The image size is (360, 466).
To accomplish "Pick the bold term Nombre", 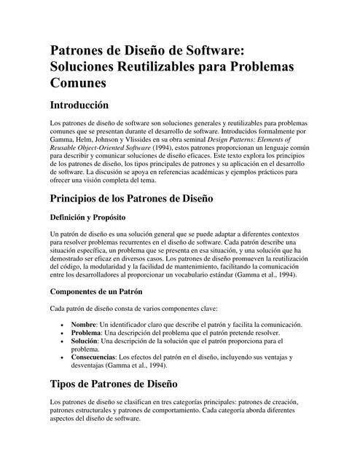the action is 84,324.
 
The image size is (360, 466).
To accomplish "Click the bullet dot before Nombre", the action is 63,325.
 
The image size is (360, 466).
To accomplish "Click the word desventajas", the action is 92,368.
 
